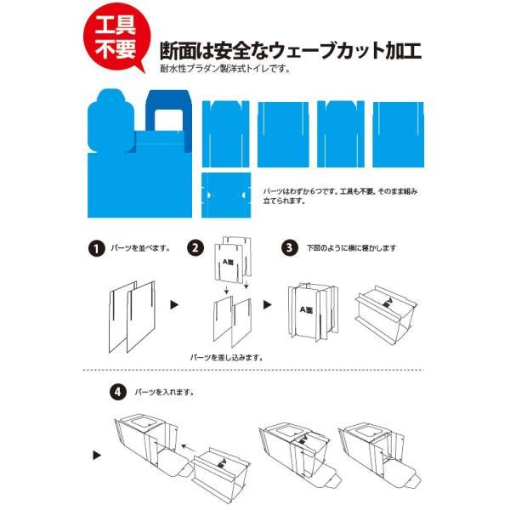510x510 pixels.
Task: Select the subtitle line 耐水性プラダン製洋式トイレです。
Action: point(225,70)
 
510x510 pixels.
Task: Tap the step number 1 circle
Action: point(96,249)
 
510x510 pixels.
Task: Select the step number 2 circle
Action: point(197,249)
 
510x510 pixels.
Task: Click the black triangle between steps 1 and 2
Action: point(176,303)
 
